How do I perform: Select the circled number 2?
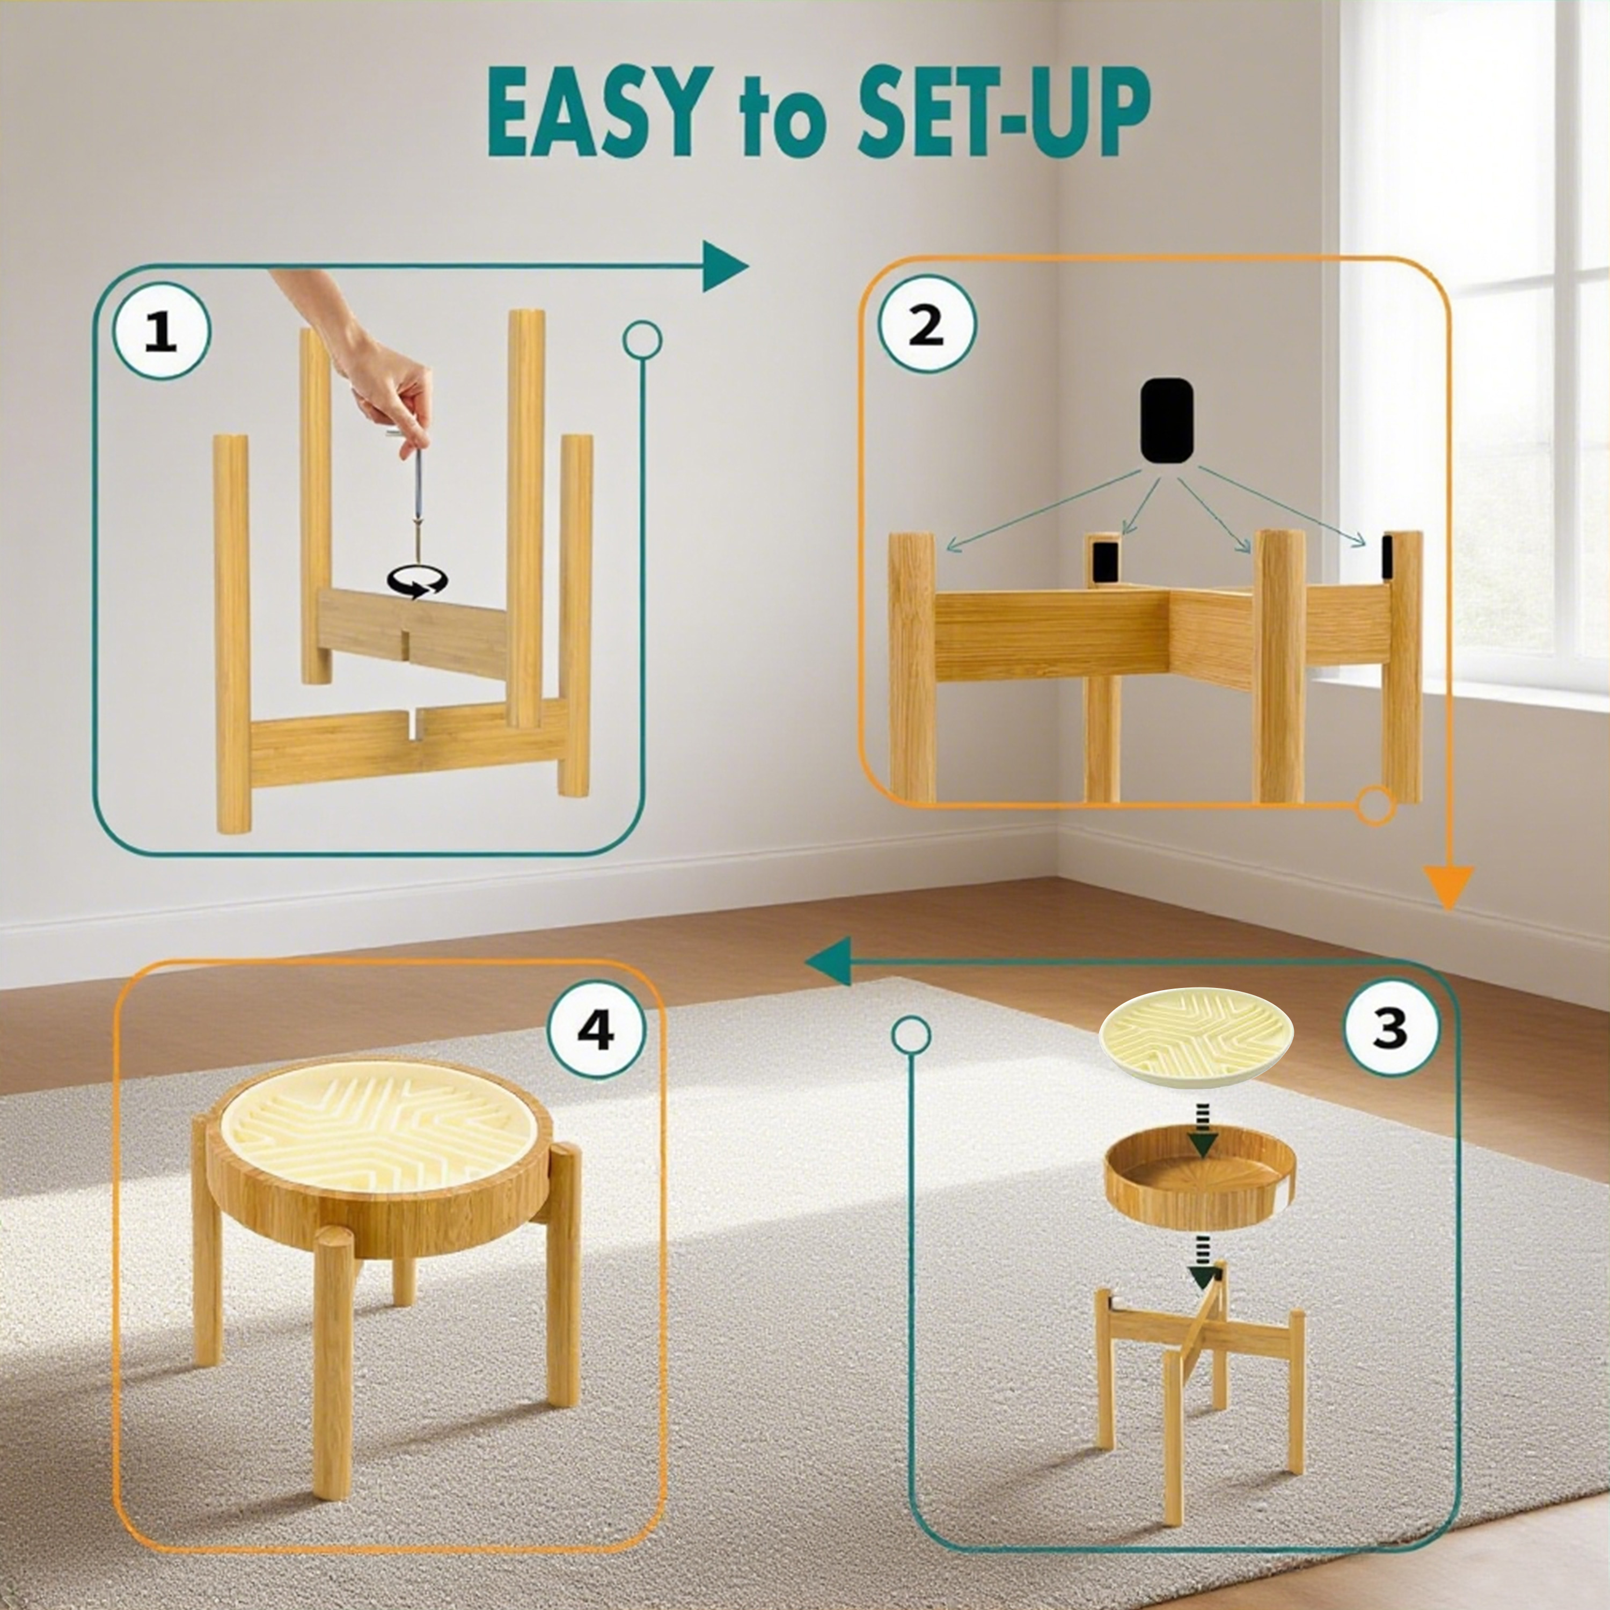pos(925,326)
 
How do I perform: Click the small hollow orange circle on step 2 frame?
pos(1375,806)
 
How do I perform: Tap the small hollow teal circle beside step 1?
pos(642,340)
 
